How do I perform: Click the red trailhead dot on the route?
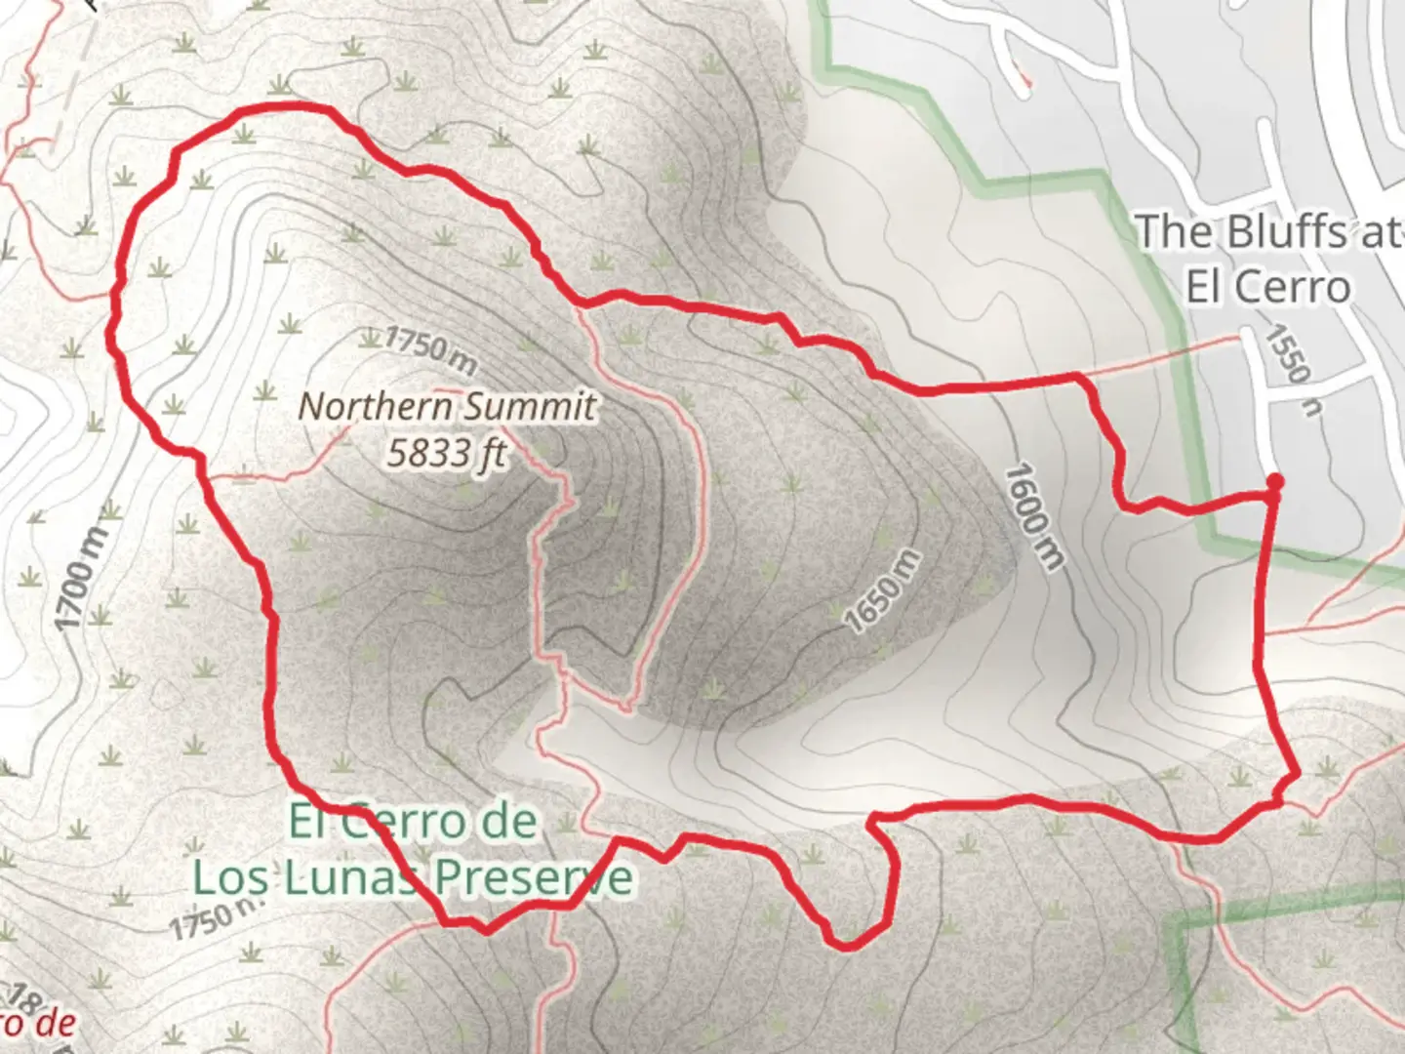[x=1274, y=481]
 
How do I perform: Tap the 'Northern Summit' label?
[x=446, y=406]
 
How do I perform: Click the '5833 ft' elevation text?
[x=446, y=453]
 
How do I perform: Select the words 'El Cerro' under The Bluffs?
[x=1267, y=287]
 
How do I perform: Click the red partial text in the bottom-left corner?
[x=39, y=1023]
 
